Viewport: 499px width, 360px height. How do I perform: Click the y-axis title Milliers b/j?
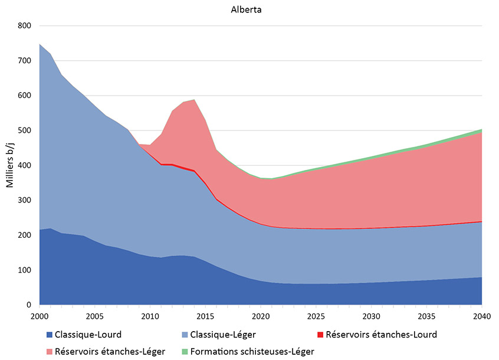10,165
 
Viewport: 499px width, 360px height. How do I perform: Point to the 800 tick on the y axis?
24,26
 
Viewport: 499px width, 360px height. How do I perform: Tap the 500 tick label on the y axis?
24,130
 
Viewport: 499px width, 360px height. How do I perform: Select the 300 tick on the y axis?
24,201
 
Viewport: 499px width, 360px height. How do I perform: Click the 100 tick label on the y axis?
24,270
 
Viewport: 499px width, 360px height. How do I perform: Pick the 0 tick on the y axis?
28,305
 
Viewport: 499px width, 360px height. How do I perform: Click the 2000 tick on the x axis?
40,316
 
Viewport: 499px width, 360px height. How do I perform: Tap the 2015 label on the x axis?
205,316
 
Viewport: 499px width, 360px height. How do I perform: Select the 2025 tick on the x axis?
316,316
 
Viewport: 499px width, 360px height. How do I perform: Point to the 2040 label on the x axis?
482,316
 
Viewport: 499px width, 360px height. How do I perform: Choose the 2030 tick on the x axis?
372,316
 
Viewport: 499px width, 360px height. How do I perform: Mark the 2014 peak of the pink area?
194,100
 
